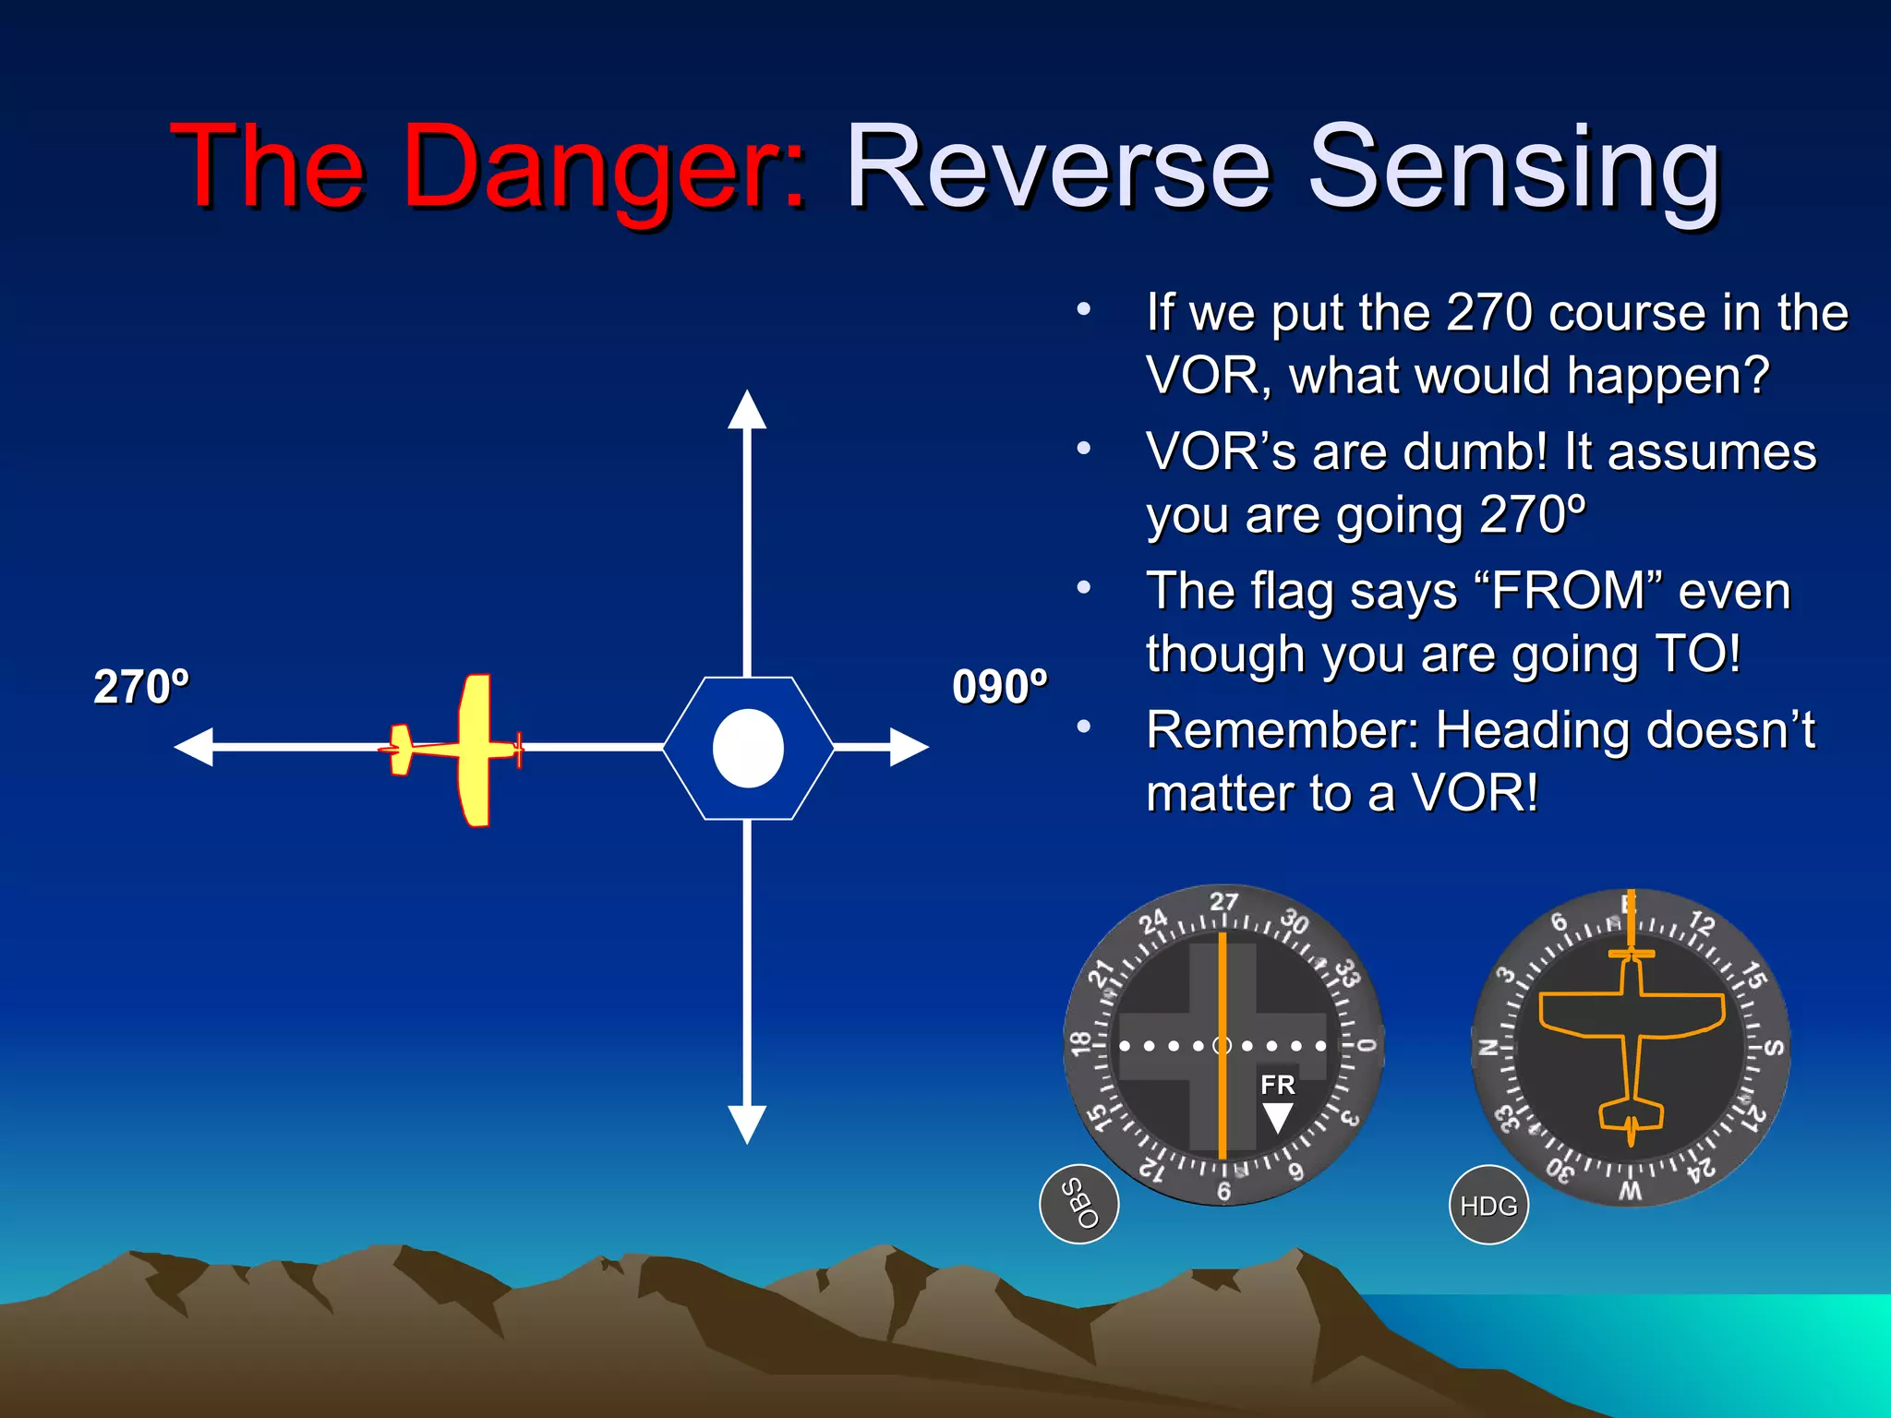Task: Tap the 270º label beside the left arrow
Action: click(141, 687)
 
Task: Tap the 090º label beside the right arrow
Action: click(1000, 687)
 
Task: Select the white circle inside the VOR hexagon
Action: click(748, 749)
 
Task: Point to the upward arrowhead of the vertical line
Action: click(747, 411)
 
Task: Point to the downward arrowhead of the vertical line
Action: click(747, 1124)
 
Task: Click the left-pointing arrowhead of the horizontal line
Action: click(195, 747)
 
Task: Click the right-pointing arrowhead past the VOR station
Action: click(909, 747)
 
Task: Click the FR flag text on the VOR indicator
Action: click(1278, 1085)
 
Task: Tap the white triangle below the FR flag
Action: click(1278, 1117)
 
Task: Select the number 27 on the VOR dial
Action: click(1223, 902)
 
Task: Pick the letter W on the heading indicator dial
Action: click(1631, 1191)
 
